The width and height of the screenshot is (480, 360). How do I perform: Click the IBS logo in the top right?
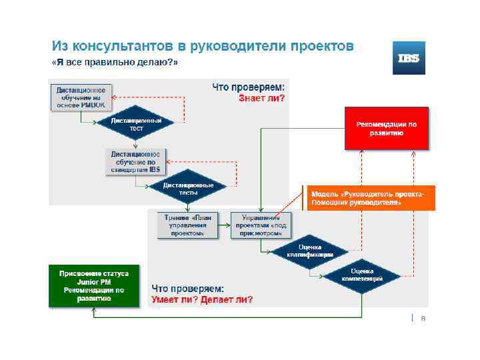(x=409, y=58)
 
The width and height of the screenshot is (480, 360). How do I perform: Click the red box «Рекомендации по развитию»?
(x=387, y=128)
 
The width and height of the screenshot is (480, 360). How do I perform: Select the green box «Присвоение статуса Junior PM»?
(x=94, y=286)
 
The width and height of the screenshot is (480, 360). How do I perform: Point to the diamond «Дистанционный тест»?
(x=136, y=123)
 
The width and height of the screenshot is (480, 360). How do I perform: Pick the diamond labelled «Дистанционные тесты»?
(x=188, y=189)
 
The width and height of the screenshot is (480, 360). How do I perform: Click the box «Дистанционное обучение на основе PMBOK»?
(x=80, y=96)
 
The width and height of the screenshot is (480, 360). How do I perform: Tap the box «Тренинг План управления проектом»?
(x=186, y=225)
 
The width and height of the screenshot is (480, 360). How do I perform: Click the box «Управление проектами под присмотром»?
(x=261, y=225)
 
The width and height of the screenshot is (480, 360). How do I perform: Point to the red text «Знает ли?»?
(x=261, y=99)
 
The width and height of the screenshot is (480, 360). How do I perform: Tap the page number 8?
(x=423, y=318)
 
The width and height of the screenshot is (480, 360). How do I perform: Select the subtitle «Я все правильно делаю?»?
(x=115, y=63)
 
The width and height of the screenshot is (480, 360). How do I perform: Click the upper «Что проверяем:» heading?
(x=248, y=87)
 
